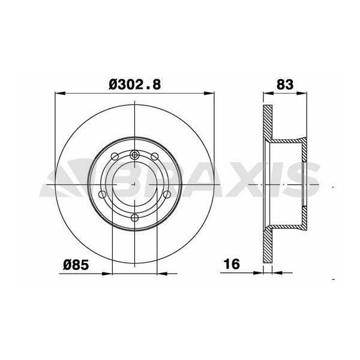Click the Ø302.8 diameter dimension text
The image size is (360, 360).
coord(135,85)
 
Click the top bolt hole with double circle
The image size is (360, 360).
coord(135,156)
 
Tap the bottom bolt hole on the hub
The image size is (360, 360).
coord(135,217)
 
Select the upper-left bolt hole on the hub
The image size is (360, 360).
coord(116,157)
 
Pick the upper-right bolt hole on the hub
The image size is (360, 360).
coord(154,157)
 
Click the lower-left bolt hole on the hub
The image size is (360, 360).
coord(103,194)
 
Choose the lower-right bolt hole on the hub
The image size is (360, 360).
coord(167,194)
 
